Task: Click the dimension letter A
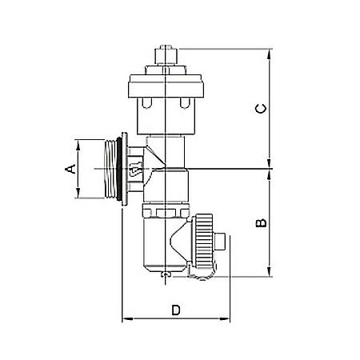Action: click(70, 169)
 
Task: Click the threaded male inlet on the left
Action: click(110, 169)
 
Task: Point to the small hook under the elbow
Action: click(164, 276)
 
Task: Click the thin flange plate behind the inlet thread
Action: click(126, 169)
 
